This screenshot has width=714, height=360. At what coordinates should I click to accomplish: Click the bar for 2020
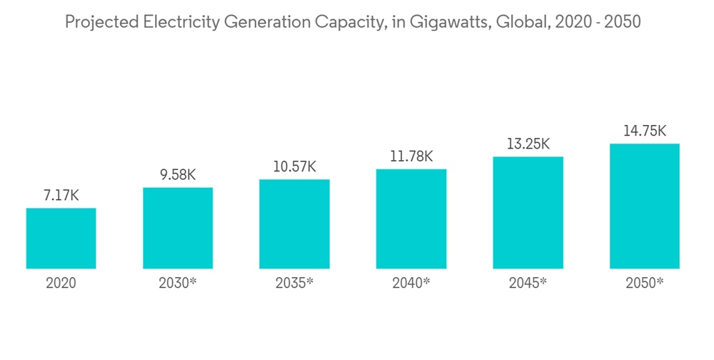[61, 239]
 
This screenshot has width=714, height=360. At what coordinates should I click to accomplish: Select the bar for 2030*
[178, 228]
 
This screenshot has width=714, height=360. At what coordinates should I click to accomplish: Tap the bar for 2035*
[294, 224]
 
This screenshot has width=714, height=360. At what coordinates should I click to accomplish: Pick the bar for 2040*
[411, 219]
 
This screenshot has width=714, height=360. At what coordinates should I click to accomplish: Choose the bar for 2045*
[528, 213]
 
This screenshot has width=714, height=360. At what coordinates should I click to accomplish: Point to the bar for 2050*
[645, 206]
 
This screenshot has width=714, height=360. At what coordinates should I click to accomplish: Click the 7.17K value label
[61, 195]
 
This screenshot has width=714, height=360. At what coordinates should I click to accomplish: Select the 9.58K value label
[178, 174]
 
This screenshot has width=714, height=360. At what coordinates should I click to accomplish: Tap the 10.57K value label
[294, 166]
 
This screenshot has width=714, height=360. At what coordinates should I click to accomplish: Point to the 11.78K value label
[411, 156]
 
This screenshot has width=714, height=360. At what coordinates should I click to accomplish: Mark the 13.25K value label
[528, 144]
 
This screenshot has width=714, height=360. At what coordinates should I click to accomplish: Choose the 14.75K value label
[645, 131]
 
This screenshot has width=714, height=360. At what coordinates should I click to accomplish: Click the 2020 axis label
[61, 283]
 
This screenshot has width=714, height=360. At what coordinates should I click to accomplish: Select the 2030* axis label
[178, 283]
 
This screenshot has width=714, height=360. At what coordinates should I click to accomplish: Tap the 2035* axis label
[294, 283]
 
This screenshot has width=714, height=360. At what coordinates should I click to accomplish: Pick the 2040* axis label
[411, 283]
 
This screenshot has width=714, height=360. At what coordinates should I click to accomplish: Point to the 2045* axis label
[528, 283]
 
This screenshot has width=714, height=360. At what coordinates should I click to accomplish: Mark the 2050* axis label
[645, 283]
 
